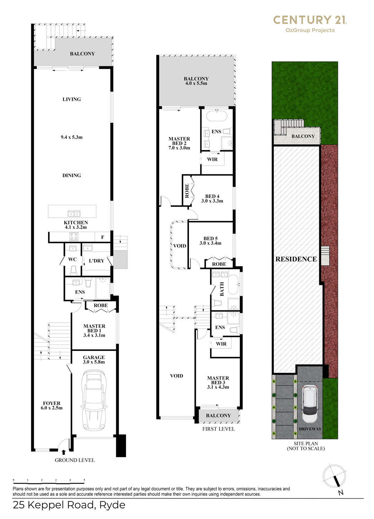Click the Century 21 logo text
(310, 20)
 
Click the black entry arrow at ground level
(64, 452)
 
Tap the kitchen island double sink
(74, 213)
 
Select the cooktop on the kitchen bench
(74, 237)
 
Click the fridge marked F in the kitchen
(102, 237)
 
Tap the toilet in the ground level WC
(73, 270)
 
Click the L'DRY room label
(97, 261)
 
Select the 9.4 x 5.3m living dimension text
(72, 137)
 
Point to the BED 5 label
(210, 238)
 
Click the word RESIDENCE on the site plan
(296, 259)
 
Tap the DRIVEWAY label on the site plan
(310, 429)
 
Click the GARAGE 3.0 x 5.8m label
(94, 359)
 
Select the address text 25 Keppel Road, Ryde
(69, 505)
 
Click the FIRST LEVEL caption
(219, 429)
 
